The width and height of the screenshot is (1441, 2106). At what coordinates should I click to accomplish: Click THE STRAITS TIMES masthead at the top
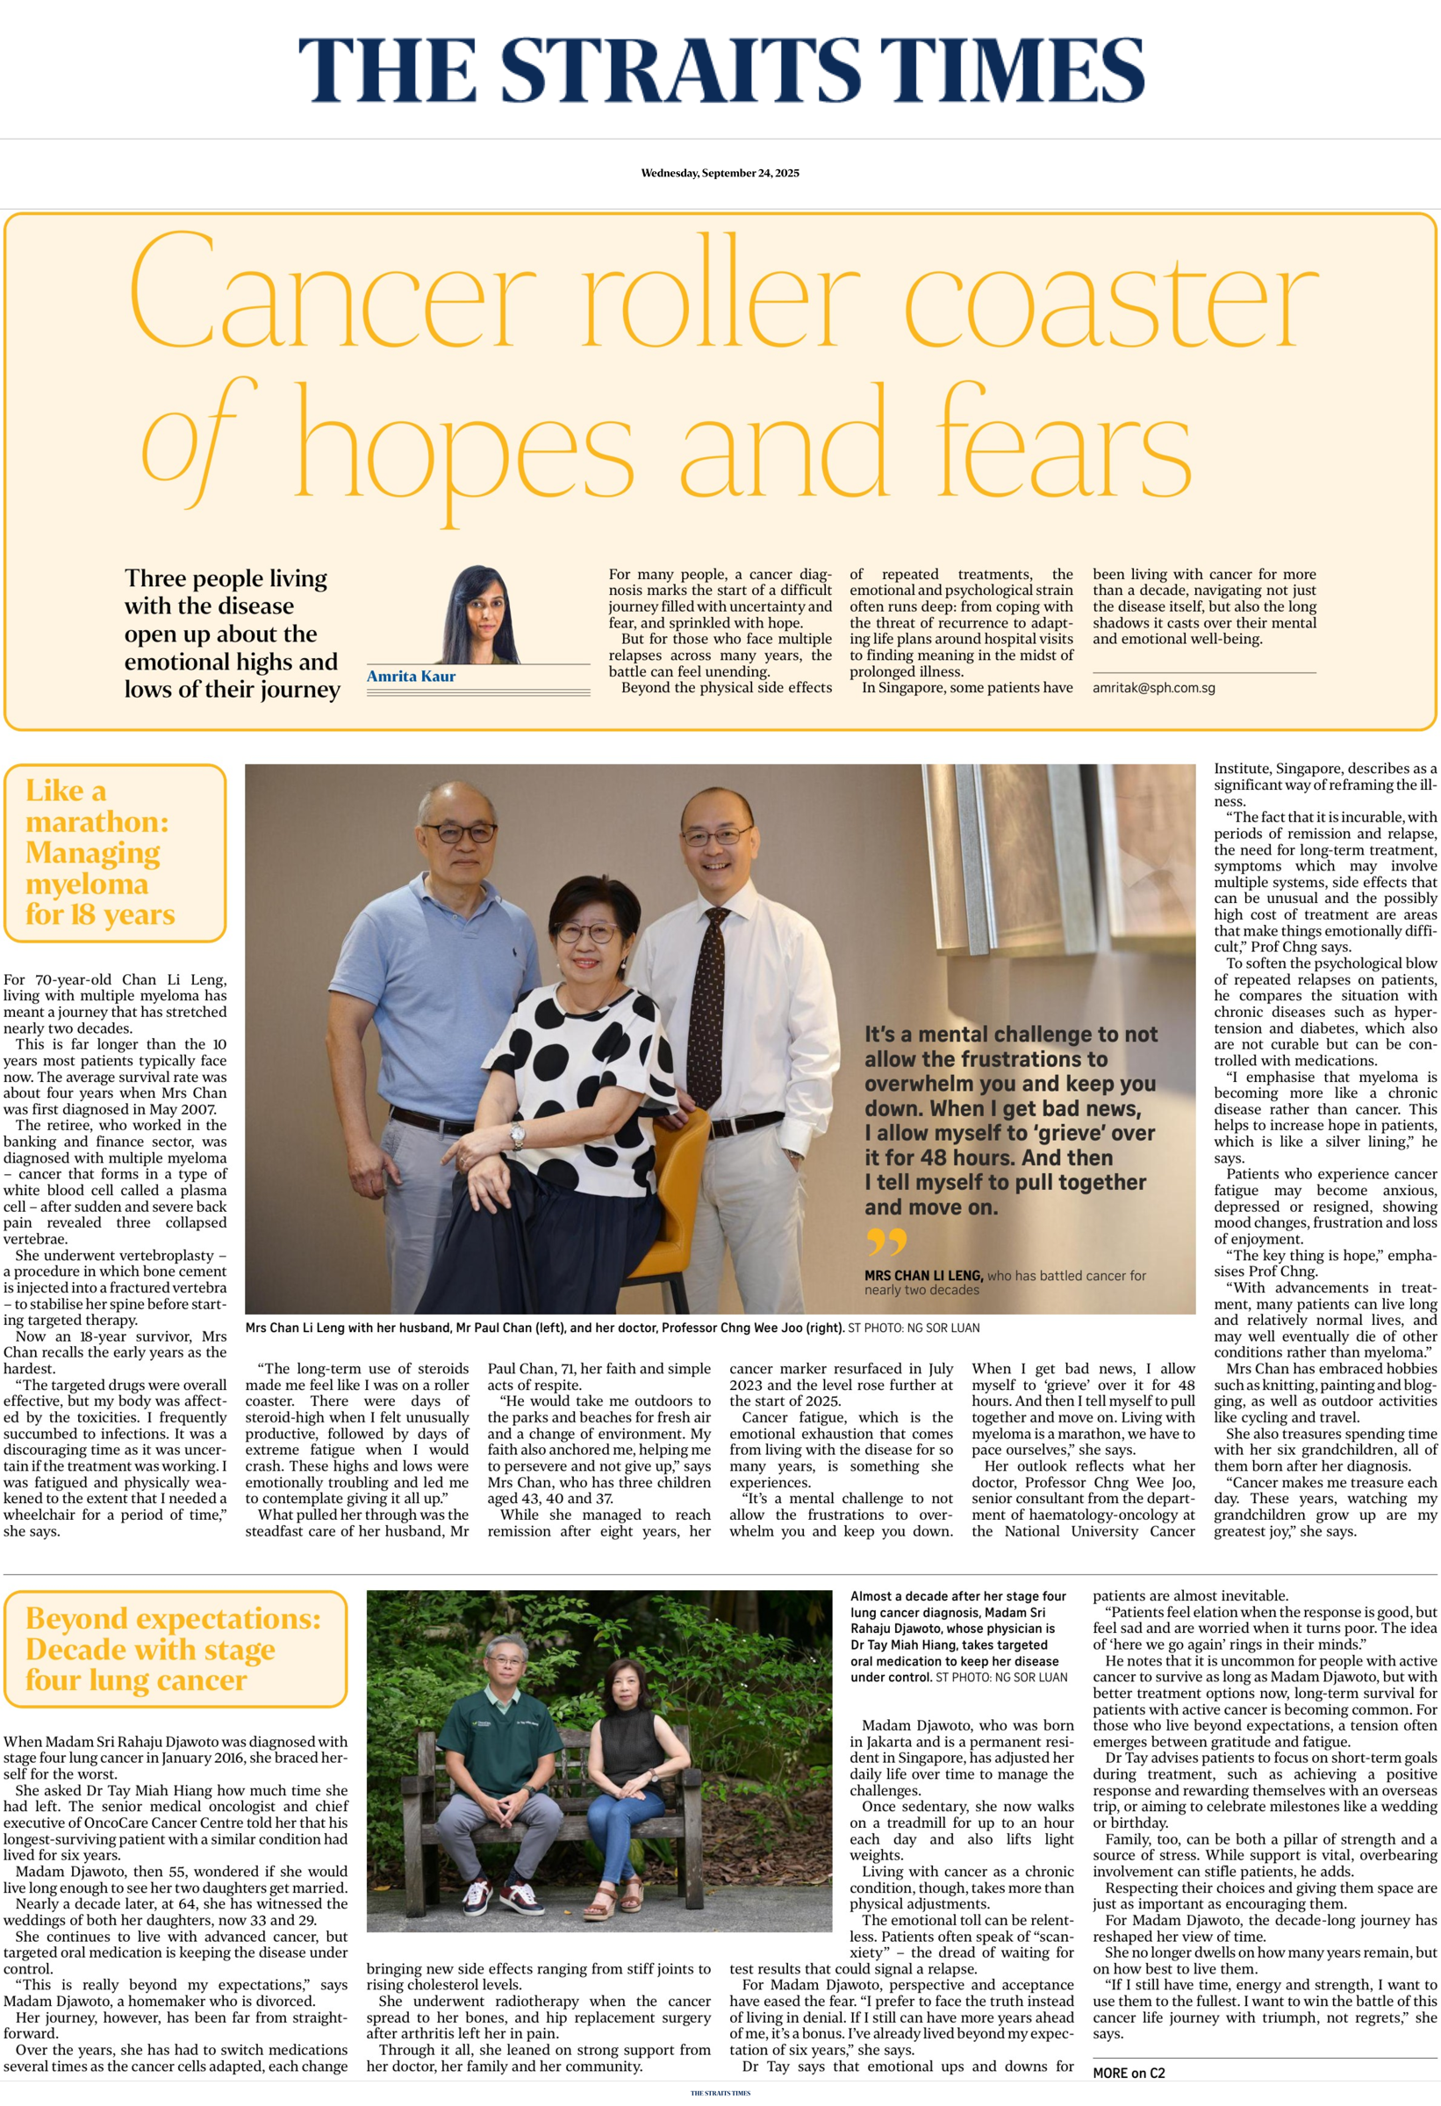pos(720,71)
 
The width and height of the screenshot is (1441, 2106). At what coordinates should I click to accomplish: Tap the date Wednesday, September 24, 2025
pos(720,173)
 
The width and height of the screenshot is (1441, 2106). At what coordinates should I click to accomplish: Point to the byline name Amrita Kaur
pos(411,676)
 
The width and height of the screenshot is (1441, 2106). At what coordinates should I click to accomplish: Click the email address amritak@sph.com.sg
pos(1153,688)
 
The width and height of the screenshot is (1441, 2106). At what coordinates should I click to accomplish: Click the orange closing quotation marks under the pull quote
pos(885,1241)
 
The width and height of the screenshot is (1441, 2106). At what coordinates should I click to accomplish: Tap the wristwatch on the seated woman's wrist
pos(518,1134)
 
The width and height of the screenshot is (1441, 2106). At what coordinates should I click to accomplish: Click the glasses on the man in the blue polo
pos(459,832)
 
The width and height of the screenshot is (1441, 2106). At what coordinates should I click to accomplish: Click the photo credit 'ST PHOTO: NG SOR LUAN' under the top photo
pos(913,1328)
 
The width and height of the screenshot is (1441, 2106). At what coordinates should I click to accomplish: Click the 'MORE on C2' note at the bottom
pos(1129,2073)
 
